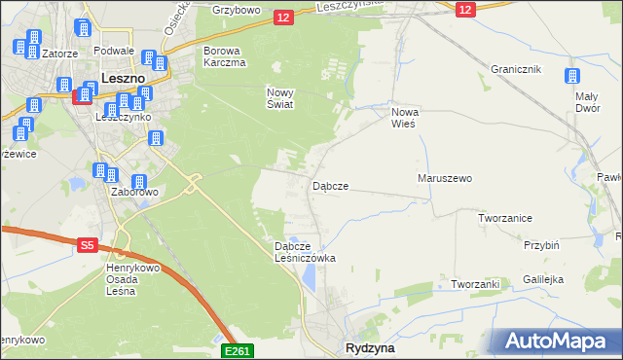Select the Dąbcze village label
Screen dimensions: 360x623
(330, 185)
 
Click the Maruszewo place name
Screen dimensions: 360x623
(444, 179)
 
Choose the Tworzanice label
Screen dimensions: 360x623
(504, 218)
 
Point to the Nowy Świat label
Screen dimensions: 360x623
(280, 98)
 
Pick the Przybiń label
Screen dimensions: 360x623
(540, 245)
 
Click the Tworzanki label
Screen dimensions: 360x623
(475, 284)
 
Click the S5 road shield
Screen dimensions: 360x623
(87, 247)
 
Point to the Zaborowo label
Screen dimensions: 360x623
(134, 192)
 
